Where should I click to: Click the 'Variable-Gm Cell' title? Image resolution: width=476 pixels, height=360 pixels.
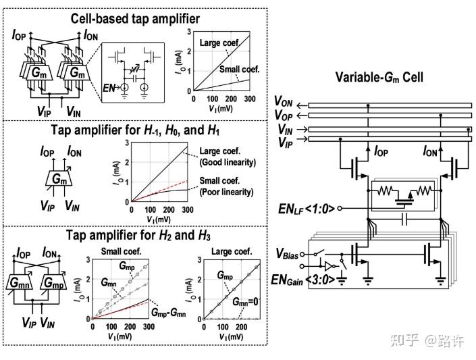click(x=379, y=77)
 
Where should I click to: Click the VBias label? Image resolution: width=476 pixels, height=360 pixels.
click(x=288, y=255)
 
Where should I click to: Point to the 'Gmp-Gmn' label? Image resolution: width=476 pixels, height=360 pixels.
click(x=171, y=313)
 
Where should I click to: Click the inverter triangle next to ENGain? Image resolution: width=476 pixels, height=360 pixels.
click(x=329, y=266)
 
